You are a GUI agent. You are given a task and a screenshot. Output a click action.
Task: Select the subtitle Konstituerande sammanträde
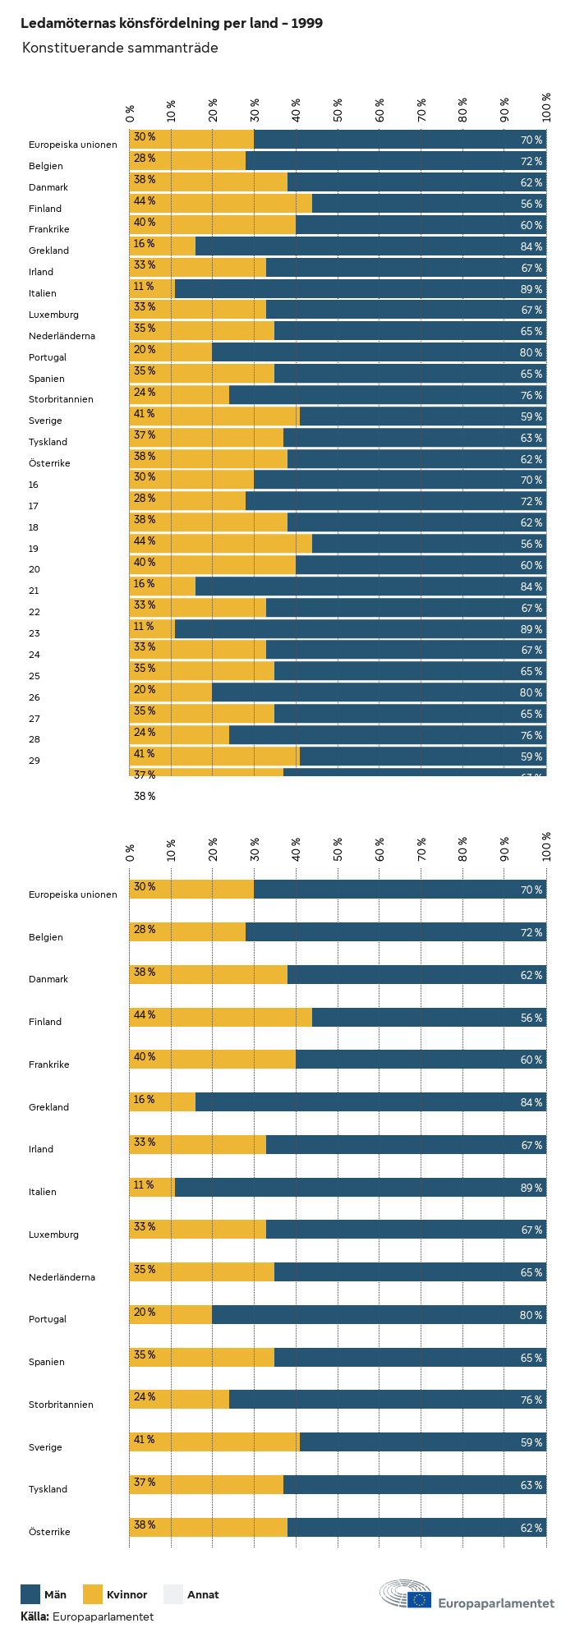(x=120, y=48)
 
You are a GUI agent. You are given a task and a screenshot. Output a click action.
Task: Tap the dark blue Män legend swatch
(x=30, y=1594)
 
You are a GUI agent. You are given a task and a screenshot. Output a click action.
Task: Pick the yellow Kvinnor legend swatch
(x=93, y=1594)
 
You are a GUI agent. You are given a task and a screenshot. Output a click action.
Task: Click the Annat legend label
(x=203, y=1595)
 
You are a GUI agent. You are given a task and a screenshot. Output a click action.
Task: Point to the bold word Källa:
(x=34, y=1616)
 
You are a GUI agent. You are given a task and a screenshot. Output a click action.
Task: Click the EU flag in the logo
(x=419, y=1599)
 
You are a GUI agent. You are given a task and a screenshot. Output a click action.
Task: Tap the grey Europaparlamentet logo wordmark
(x=496, y=1603)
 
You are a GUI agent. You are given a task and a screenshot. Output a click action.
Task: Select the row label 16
(x=34, y=485)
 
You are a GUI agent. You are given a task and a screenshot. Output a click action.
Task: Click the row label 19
(x=34, y=549)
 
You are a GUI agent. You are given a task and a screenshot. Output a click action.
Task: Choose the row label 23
(x=34, y=633)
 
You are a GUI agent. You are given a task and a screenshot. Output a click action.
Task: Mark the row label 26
(x=34, y=697)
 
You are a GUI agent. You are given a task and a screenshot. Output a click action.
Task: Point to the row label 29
(x=34, y=761)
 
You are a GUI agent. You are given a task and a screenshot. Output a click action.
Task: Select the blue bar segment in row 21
(x=370, y=586)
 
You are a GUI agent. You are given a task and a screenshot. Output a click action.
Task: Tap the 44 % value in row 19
(x=145, y=541)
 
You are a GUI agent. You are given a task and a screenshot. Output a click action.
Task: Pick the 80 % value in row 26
(x=531, y=693)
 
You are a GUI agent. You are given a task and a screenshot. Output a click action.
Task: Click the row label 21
(x=34, y=591)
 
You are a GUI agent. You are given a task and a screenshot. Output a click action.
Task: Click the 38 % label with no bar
(x=145, y=796)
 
